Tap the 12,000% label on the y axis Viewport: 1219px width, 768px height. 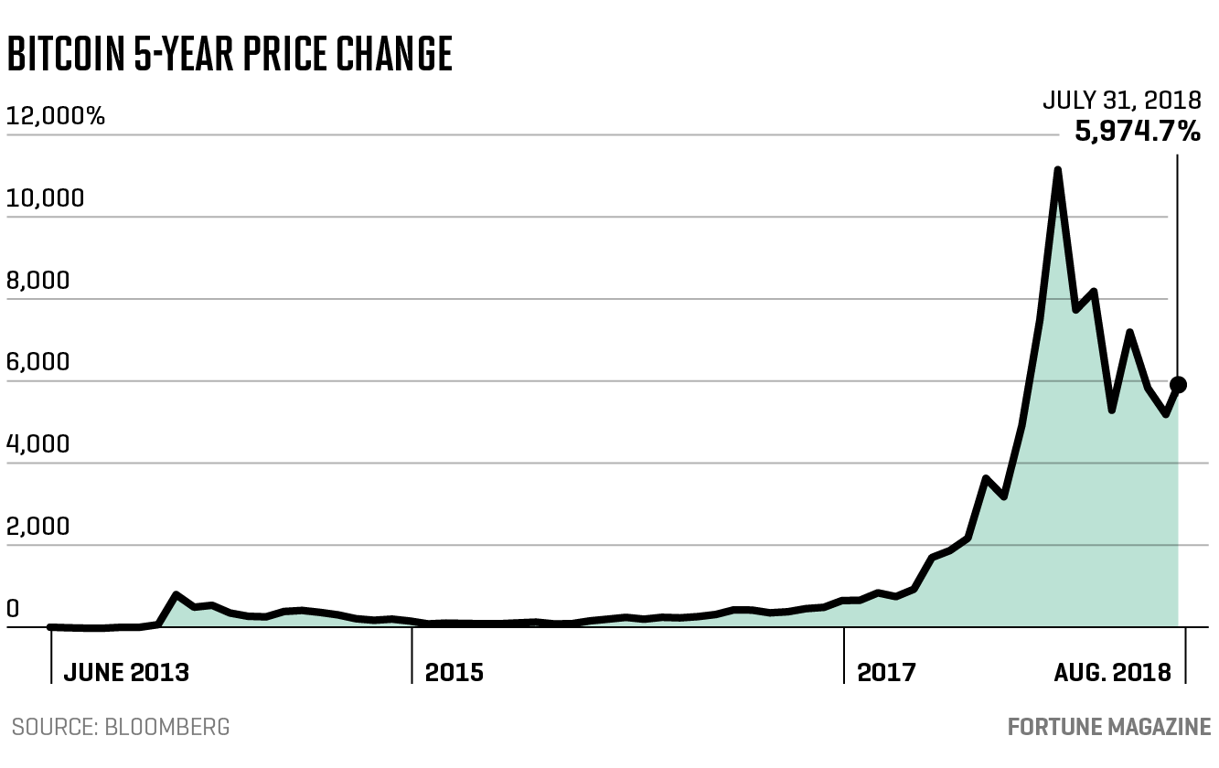point(55,117)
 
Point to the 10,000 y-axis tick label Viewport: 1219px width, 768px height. point(46,198)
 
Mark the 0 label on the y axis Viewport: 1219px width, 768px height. point(12,609)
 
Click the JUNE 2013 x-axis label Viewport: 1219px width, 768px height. point(125,673)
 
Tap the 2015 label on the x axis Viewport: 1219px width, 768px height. point(454,673)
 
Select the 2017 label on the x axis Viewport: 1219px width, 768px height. point(886,673)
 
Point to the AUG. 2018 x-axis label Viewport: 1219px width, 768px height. point(1112,673)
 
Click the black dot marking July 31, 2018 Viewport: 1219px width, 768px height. point(1178,385)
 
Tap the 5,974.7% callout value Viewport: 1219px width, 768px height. point(1137,132)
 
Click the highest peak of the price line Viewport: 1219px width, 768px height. point(1057,171)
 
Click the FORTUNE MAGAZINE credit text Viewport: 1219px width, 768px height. point(1108,728)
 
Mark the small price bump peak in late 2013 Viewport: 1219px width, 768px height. point(176,595)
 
